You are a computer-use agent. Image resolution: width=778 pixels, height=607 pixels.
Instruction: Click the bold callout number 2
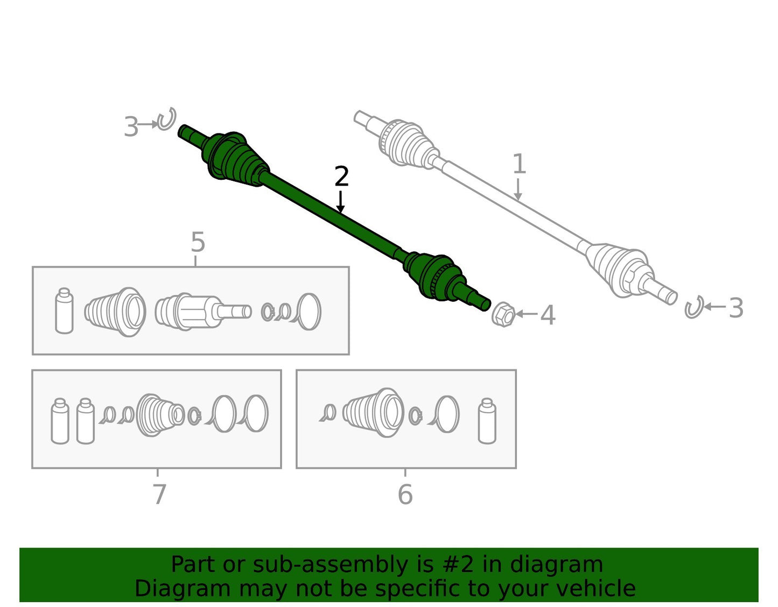(x=341, y=177)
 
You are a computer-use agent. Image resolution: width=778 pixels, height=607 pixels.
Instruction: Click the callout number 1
(x=520, y=164)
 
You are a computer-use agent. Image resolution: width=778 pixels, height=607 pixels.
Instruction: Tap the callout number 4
(x=548, y=315)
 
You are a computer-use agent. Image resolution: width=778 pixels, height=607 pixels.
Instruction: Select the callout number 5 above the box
(x=198, y=242)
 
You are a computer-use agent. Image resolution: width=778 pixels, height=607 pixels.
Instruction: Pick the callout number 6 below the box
(x=405, y=495)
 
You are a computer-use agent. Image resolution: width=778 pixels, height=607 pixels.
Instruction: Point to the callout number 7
(x=159, y=494)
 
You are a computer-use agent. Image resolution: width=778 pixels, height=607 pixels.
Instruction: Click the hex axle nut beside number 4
(x=503, y=314)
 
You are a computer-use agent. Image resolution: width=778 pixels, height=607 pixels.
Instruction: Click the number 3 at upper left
(x=131, y=126)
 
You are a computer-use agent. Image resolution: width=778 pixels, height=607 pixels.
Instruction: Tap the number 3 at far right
(x=736, y=308)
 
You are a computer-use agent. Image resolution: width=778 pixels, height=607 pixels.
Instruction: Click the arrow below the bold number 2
(x=340, y=202)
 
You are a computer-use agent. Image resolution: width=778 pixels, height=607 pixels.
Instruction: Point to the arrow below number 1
(x=518, y=189)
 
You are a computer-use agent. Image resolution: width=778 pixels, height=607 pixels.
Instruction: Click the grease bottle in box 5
(x=65, y=311)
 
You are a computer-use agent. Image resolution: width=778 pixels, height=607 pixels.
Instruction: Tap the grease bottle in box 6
(x=487, y=421)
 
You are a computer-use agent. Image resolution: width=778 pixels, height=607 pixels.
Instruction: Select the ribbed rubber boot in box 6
(x=374, y=412)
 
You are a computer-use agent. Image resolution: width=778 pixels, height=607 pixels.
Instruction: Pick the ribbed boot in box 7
(x=160, y=415)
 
